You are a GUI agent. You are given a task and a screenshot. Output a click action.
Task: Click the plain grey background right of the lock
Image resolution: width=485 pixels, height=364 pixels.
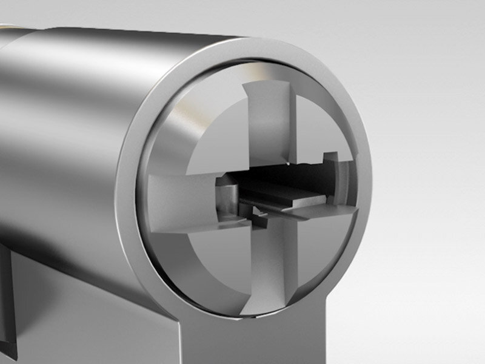[424, 182]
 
